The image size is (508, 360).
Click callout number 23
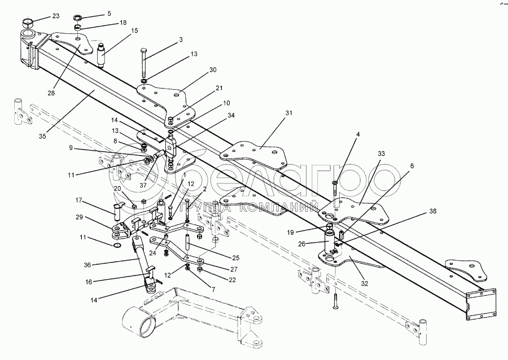coord(56,16)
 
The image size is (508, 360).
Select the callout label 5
coord(110,12)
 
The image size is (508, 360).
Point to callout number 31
coord(290,113)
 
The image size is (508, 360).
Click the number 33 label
coord(381,153)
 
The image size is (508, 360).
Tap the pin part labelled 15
coord(102,55)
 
